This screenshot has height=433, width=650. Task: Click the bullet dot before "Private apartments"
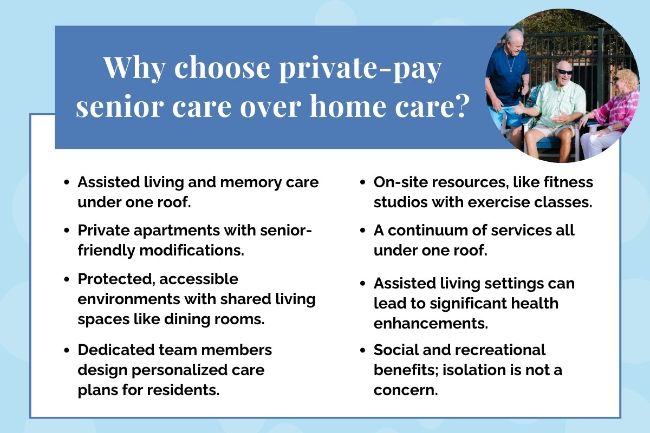pos(67,231)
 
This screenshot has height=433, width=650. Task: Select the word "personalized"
pos(180,371)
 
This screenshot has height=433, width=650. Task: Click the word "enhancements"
pos(430,324)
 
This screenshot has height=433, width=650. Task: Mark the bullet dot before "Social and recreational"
pos(362,350)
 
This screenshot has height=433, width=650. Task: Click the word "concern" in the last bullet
pos(405,391)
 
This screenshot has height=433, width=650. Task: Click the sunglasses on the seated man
pos(564,72)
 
